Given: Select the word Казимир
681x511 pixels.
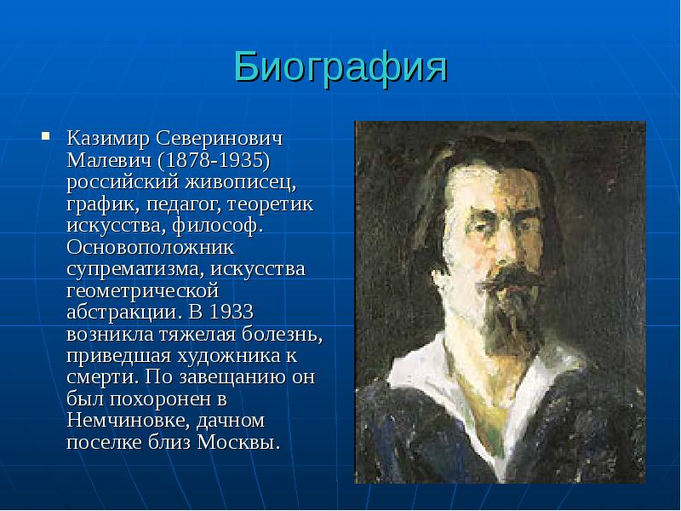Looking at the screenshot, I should [103, 139].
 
